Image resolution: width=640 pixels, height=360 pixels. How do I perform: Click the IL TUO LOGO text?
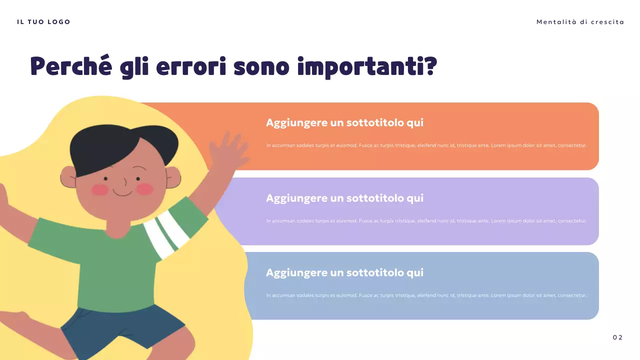click(x=43, y=22)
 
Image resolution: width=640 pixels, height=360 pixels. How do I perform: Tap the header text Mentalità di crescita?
click(x=580, y=22)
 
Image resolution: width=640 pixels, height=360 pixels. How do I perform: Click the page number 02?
click(x=617, y=337)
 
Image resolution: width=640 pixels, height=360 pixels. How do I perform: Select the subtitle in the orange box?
click(x=344, y=123)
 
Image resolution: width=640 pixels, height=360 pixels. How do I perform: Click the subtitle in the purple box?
click(x=344, y=198)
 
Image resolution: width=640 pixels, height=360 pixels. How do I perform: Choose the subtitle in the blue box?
click(x=344, y=272)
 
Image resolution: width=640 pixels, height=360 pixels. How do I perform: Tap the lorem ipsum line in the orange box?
click(x=426, y=145)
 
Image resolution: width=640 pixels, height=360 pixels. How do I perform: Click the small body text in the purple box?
click(x=426, y=220)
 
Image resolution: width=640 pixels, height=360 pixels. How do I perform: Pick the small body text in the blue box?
click(x=426, y=295)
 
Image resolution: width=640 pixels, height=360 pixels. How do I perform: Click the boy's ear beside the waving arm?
click(x=172, y=177)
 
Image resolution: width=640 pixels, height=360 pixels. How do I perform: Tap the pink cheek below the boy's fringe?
click(x=100, y=189)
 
